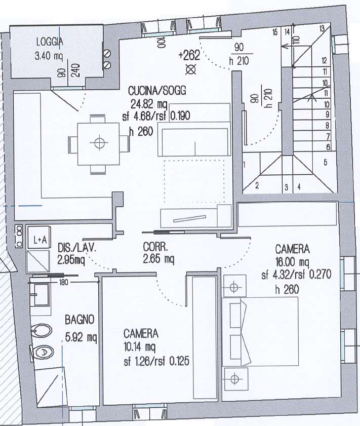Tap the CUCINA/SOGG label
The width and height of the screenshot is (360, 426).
pyautogui.click(x=157, y=91)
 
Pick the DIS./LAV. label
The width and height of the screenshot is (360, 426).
pyautogui.click(x=77, y=248)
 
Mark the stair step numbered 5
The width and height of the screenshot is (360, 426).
pyautogui.click(x=325, y=163)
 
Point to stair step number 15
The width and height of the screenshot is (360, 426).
pyautogui.click(x=275, y=32)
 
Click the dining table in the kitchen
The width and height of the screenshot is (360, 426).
pyautogui.click(x=99, y=143)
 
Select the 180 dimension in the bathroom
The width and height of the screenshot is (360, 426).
pyautogui.click(x=63, y=283)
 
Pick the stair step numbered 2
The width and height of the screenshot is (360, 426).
pyautogui.click(x=257, y=185)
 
